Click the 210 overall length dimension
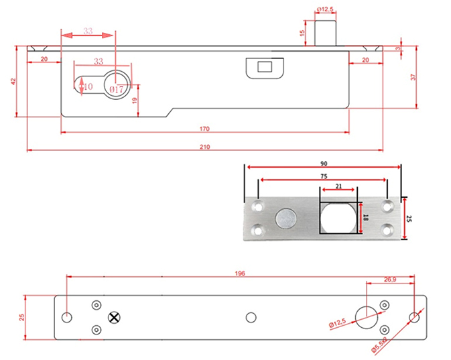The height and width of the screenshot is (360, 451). point(205,147)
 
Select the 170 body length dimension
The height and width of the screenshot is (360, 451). point(205,129)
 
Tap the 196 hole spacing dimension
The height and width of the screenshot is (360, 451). point(240,273)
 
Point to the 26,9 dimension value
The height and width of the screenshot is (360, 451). point(390,279)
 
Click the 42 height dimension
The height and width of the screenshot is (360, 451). point(13,81)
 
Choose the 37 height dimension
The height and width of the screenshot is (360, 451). point(413,77)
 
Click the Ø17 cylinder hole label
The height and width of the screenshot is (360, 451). point(116,89)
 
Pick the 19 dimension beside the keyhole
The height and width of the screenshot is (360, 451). point(135,101)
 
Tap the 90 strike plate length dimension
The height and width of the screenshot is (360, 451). point(324,164)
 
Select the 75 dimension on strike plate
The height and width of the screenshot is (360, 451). point(324,176)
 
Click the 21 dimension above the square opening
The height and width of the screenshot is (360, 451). point(338,186)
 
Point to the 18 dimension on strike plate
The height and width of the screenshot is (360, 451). point(366,218)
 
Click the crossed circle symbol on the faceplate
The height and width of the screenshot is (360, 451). point(114,317)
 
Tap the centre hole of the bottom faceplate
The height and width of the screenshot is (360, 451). point(251,317)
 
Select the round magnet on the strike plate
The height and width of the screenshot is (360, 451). point(286,218)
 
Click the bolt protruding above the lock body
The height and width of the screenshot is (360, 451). point(325,33)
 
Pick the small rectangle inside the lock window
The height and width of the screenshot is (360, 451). point(265,67)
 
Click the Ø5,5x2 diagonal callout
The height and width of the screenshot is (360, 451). point(379,345)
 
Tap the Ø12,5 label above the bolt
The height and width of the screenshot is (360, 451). point(325,9)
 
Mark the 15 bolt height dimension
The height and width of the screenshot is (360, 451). point(302,33)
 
